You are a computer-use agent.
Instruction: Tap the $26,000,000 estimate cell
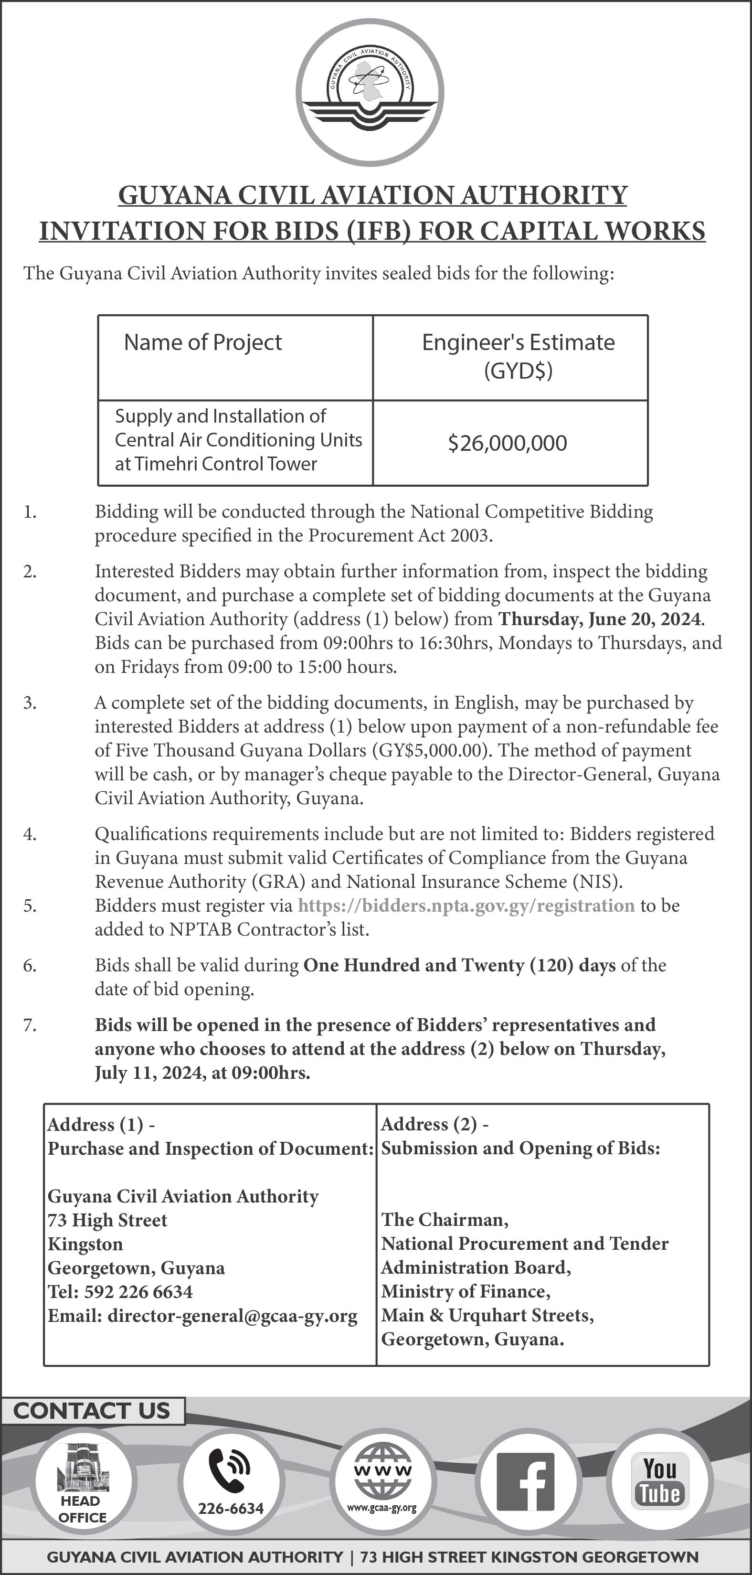[508, 443]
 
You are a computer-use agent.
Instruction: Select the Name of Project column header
[203, 342]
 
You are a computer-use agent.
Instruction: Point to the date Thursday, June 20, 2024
[599, 619]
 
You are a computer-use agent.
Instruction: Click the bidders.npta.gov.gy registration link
[466, 905]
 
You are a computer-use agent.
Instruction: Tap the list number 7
[29, 1025]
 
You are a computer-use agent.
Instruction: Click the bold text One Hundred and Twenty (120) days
[459, 966]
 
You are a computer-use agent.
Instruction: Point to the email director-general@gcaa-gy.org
[233, 1316]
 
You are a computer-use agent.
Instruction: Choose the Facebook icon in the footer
[526, 1481]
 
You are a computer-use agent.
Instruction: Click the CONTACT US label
[92, 1411]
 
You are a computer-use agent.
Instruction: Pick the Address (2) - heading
[434, 1124]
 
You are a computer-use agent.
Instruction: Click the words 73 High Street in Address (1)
[107, 1220]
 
